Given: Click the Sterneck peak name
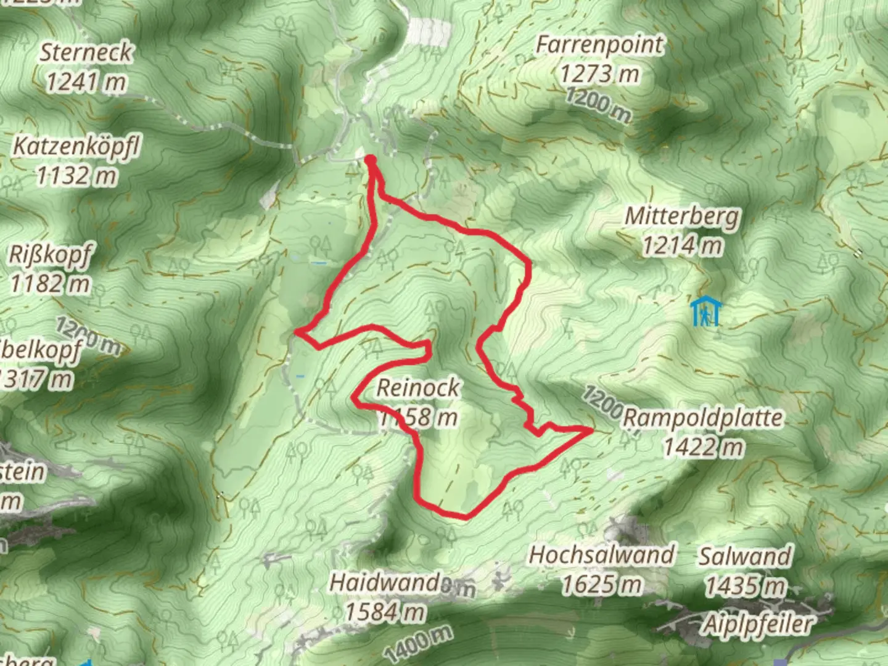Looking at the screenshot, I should pyautogui.click(x=86, y=52).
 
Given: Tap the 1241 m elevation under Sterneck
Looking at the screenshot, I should pyautogui.click(x=86, y=81).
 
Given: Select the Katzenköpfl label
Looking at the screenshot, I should pyautogui.click(x=77, y=147).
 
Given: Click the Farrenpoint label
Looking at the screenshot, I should pyautogui.click(x=599, y=45).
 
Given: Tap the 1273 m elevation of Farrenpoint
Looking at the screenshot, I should pyautogui.click(x=599, y=74).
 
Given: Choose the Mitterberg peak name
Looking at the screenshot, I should pyautogui.click(x=682, y=216).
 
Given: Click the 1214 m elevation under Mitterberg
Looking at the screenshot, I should pyautogui.click(x=682, y=245).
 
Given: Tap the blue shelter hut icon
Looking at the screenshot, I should pyautogui.click(x=705, y=311).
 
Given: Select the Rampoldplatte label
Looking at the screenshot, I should pyautogui.click(x=703, y=417).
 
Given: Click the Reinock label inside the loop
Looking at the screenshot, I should pyautogui.click(x=418, y=388).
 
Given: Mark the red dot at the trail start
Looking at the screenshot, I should pyautogui.click(x=371, y=160).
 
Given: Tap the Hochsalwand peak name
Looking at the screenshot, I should pyautogui.click(x=602, y=555).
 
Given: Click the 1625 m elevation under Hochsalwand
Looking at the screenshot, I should pyautogui.click(x=602, y=584).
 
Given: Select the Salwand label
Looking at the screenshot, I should pyautogui.click(x=745, y=556).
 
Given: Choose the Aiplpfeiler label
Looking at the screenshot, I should pyautogui.click(x=759, y=625).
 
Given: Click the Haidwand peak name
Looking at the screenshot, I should pyautogui.click(x=385, y=583).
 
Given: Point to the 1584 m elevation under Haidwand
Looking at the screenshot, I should pyautogui.click(x=385, y=612).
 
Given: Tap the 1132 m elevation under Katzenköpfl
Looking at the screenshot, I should pyautogui.click(x=76, y=176).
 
